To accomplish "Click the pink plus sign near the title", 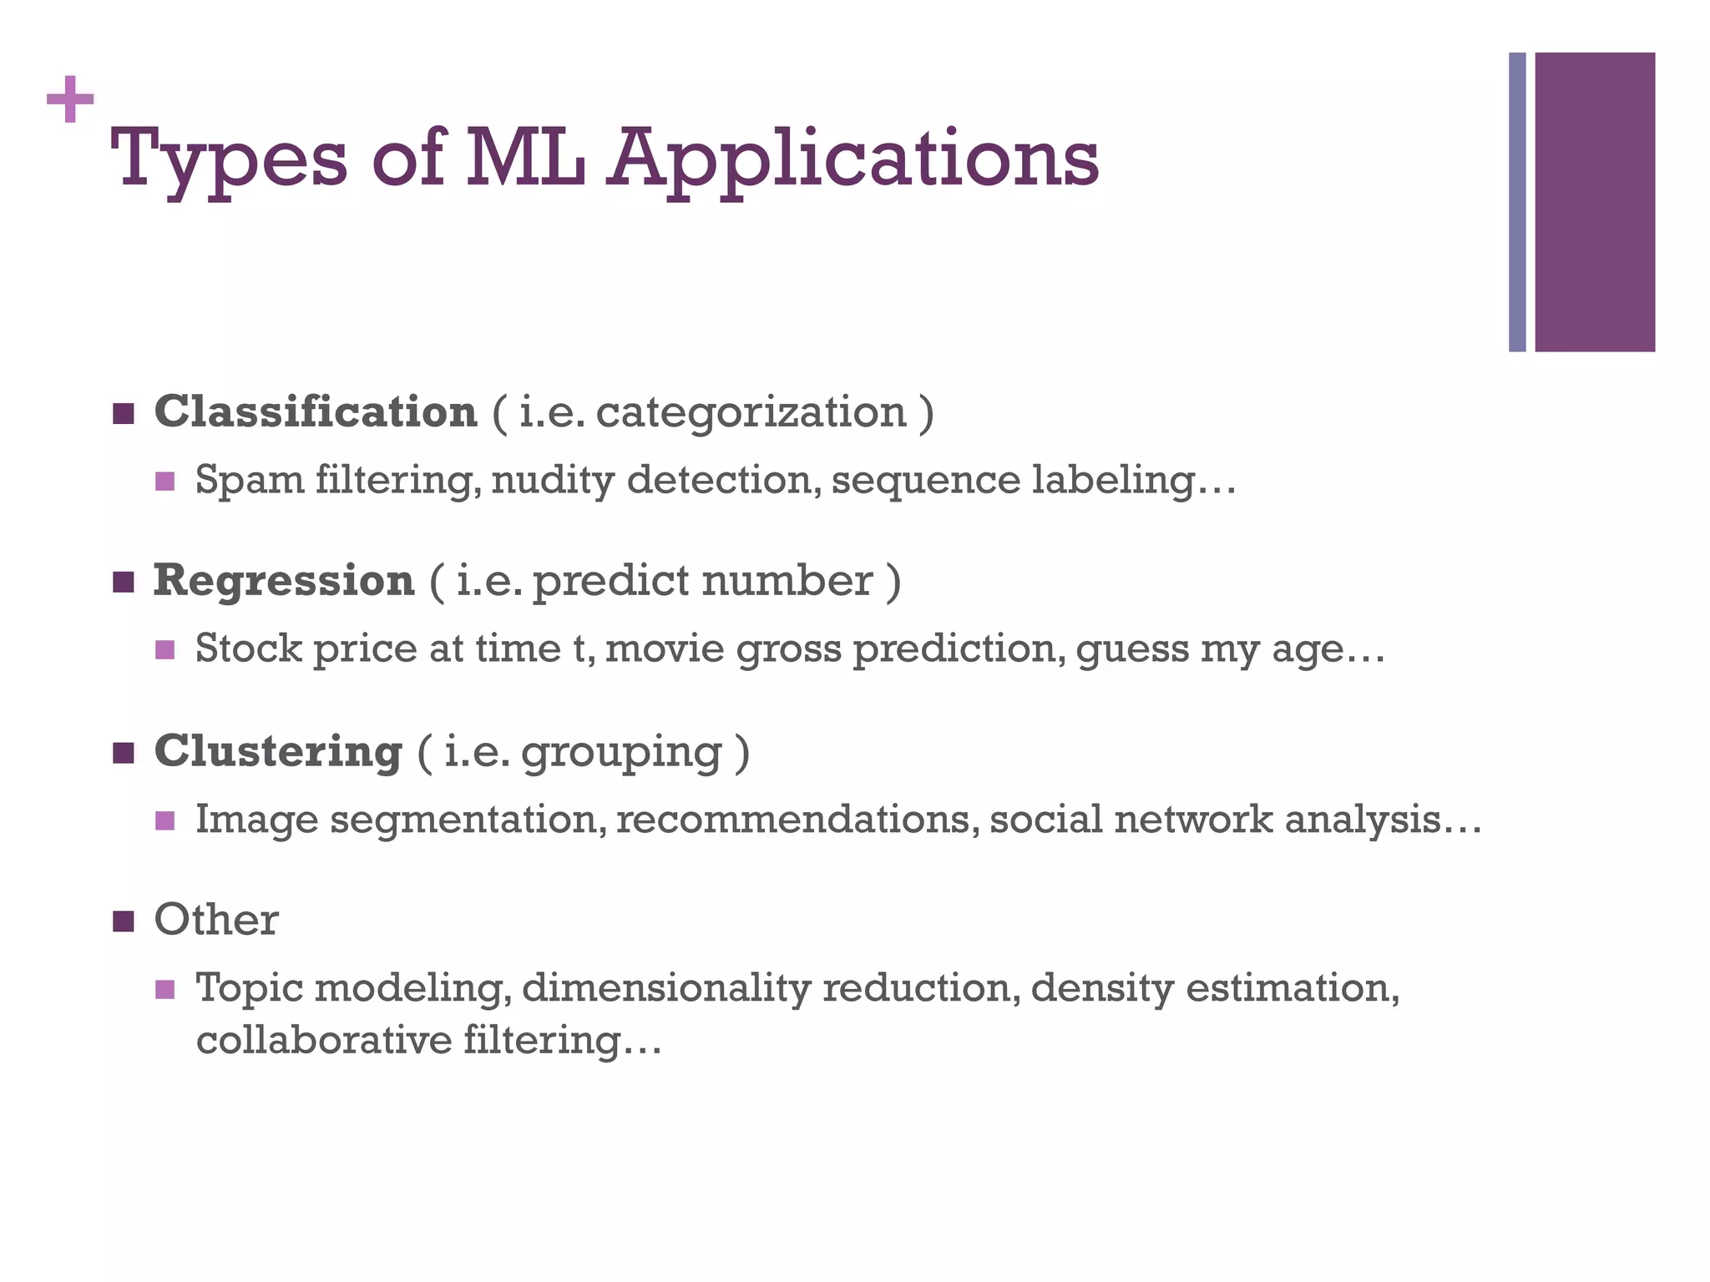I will [x=70, y=100].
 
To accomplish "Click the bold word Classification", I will [x=316, y=412].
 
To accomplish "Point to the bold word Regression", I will [x=284, y=581].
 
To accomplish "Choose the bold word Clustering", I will [x=278, y=751].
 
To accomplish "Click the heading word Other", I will [x=215, y=921].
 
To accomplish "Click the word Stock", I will [x=248, y=649].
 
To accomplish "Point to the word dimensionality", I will [x=665, y=989].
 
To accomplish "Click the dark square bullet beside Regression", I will [x=123, y=583].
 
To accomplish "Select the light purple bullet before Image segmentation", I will [x=165, y=820].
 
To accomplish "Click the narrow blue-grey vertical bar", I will [x=1517, y=202].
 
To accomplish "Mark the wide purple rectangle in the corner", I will [x=1595, y=202].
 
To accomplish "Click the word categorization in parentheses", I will [x=751, y=412].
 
